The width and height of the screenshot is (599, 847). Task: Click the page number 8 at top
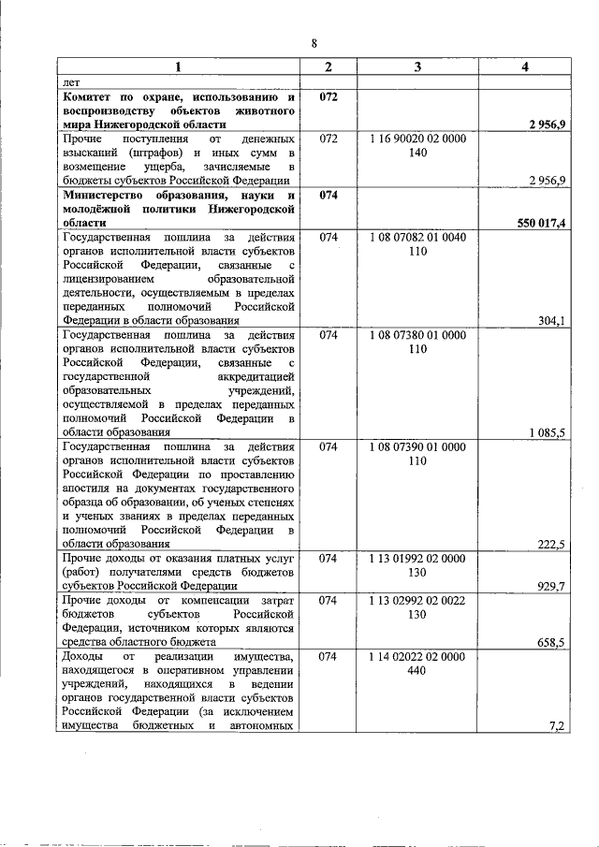[x=314, y=42]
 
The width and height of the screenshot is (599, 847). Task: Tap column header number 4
[x=526, y=68]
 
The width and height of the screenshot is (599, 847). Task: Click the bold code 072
[x=328, y=96]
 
